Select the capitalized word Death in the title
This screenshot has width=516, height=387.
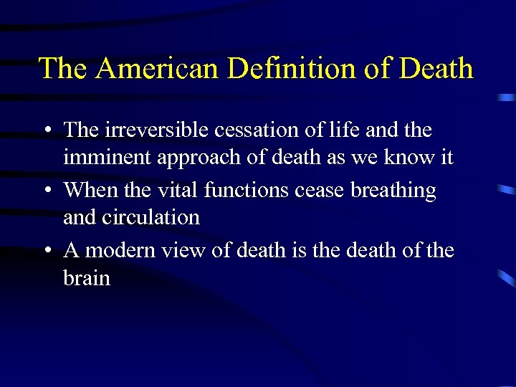pyautogui.click(x=436, y=69)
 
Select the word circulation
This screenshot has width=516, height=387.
pyautogui.click(x=152, y=217)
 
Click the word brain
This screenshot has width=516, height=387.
pyautogui.click(x=87, y=277)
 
